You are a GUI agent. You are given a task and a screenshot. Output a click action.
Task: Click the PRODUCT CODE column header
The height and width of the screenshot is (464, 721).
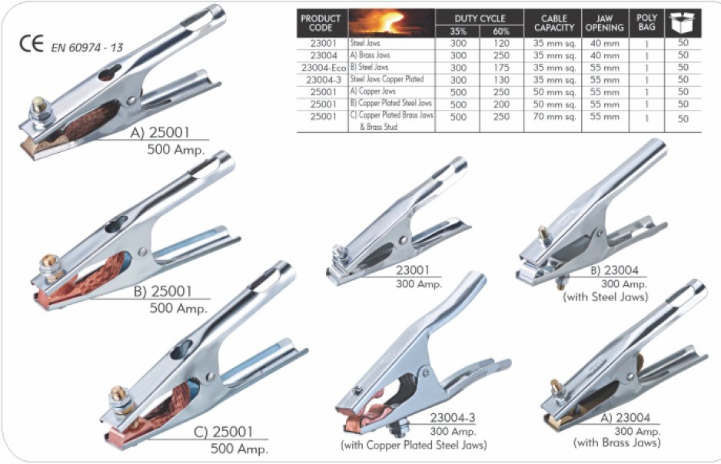pos(321,22)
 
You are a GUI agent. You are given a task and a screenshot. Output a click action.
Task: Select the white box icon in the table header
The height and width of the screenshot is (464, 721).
pos(682,22)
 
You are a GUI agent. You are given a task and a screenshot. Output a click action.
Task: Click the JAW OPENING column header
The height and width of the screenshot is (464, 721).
pos(603,22)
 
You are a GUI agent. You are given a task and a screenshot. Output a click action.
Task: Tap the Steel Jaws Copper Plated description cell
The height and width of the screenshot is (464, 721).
pos(387,78)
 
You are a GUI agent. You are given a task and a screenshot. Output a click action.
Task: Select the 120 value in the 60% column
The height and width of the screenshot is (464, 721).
pos(500,44)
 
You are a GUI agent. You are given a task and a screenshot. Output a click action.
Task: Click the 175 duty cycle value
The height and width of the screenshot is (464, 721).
pos(500,67)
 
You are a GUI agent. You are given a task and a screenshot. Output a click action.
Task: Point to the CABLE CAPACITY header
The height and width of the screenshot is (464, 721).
pos(553,22)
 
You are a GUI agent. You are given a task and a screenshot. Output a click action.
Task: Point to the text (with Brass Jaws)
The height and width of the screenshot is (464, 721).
pos(616,442)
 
